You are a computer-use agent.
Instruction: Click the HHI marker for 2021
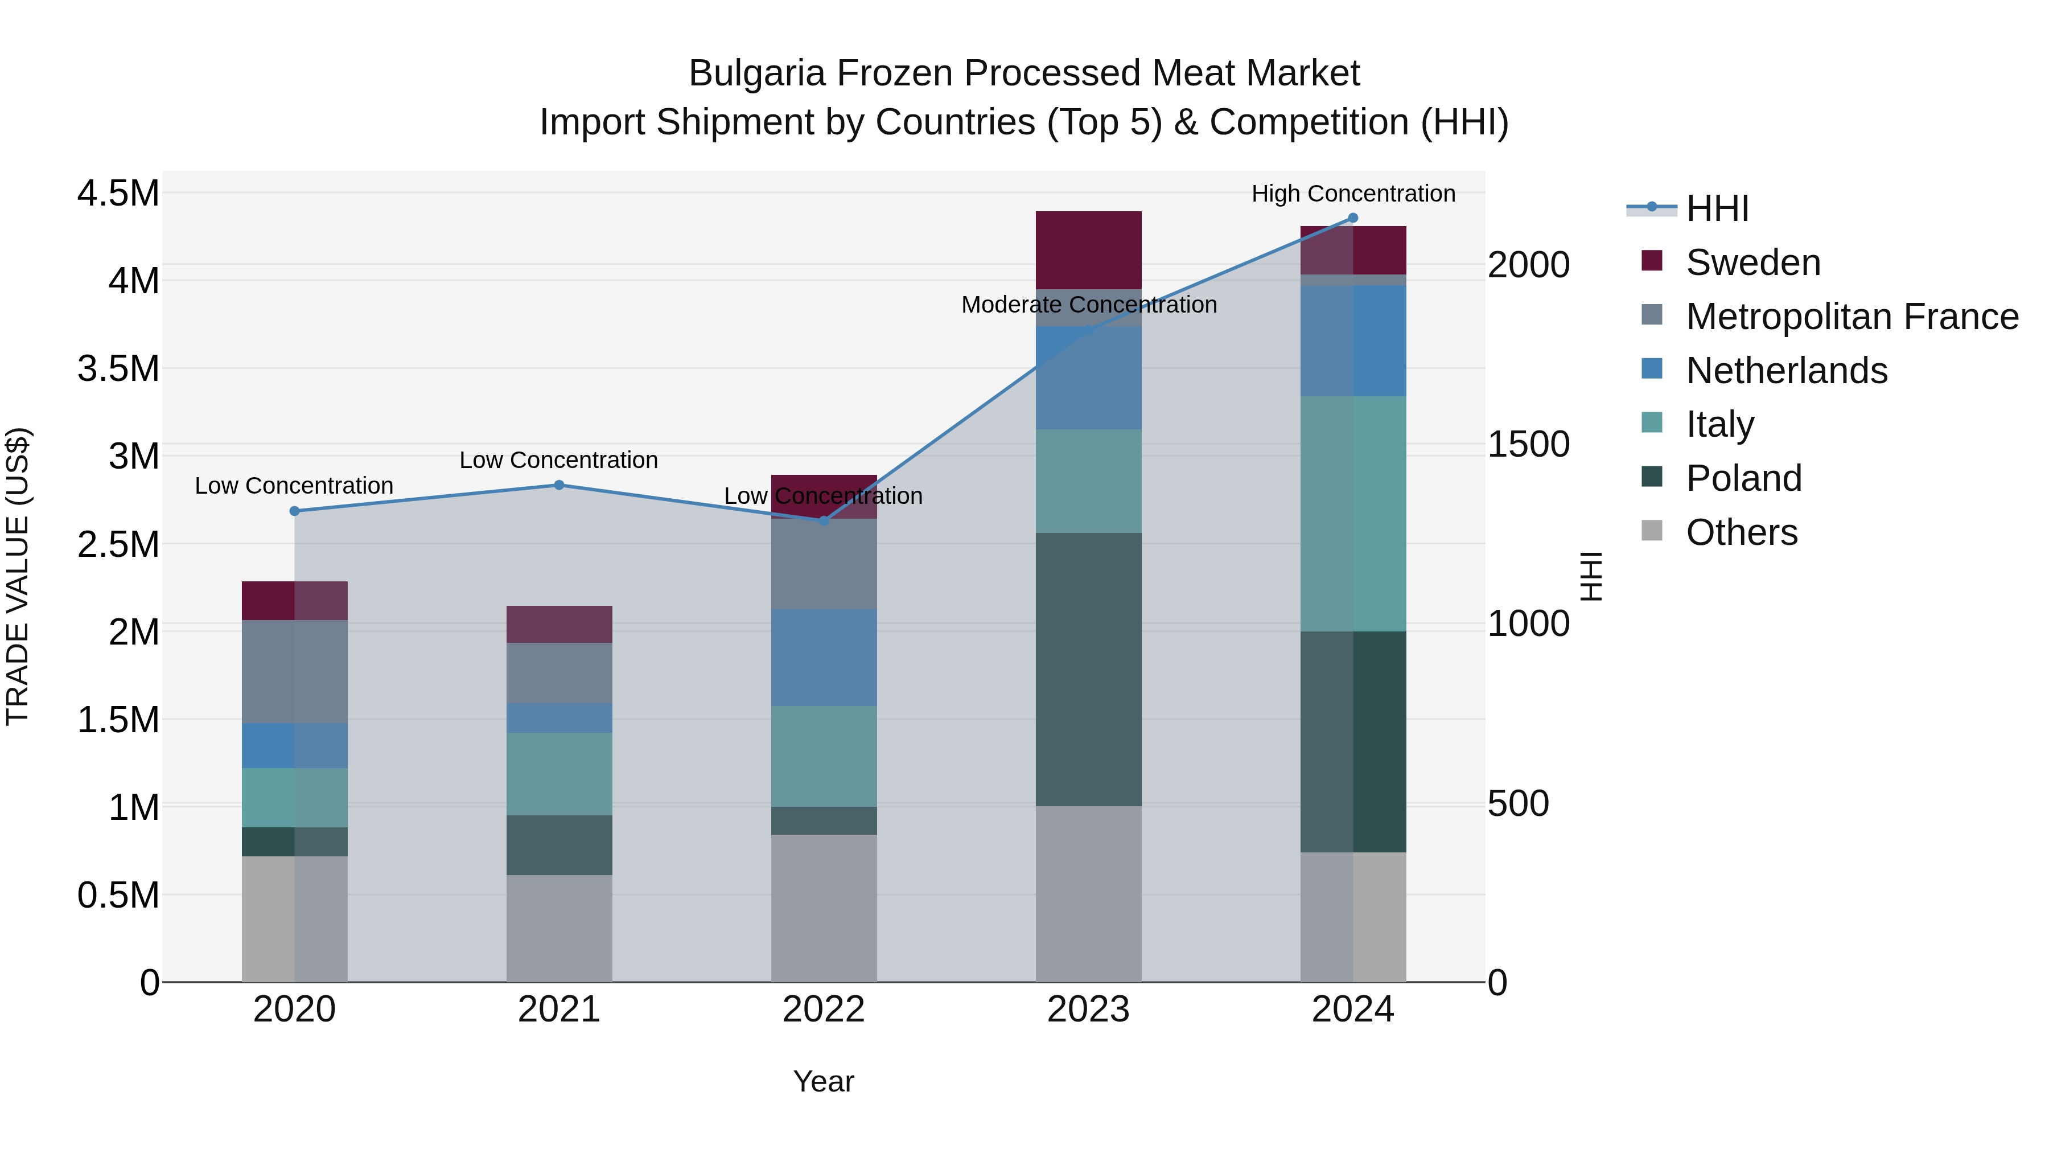click(x=558, y=485)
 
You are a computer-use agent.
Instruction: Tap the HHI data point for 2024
click(x=1352, y=218)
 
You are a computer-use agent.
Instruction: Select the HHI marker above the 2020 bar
click(x=294, y=511)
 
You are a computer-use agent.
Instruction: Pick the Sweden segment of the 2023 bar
click(x=1088, y=250)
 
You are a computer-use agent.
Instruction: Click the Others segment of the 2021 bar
click(x=558, y=928)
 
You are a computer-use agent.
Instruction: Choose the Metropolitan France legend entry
click(x=1851, y=317)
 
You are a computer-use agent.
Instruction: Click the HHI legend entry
click(x=1717, y=208)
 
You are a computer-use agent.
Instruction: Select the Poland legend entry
click(x=1743, y=478)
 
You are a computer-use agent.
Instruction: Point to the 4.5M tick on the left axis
click(x=118, y=194)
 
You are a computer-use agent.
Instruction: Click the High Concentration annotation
click(x=1352, y=194)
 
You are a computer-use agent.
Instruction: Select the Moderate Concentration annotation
click(x=1088, y=305)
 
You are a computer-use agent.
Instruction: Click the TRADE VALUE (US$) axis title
click(x=18, y=576)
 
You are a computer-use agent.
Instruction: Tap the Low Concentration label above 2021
click(x=558, y=460)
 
